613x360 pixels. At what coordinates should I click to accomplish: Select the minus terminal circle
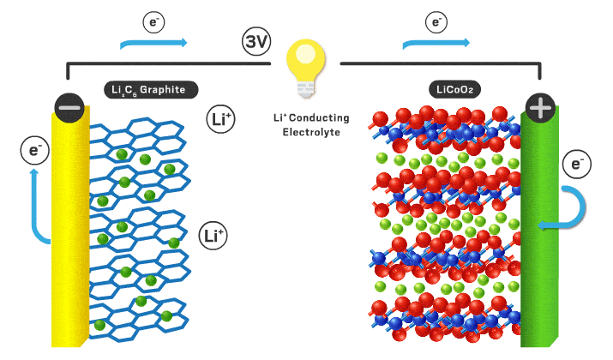coord(69,107)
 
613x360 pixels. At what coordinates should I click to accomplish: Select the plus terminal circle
coord(539,107)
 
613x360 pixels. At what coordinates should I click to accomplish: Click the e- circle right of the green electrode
coord(576,162)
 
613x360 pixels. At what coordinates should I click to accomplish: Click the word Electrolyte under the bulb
coord(306,133)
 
